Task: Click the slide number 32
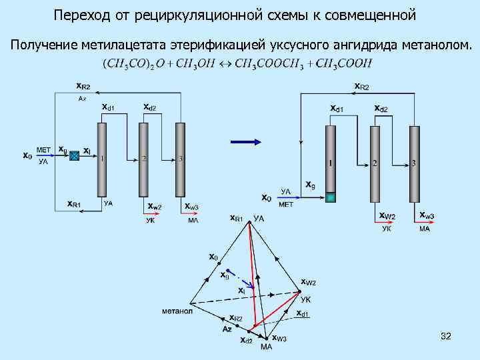446,337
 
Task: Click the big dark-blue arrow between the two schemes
245,142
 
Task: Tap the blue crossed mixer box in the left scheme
75,155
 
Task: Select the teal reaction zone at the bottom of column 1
331,197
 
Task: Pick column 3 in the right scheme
415,163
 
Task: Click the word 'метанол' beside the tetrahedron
177,311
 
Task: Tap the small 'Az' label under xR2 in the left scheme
82,98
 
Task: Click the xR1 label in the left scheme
74,203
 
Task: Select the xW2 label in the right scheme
387,217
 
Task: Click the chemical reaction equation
237,63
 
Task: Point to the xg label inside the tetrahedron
225,275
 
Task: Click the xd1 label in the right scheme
339,109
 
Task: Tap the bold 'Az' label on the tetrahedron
227,329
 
